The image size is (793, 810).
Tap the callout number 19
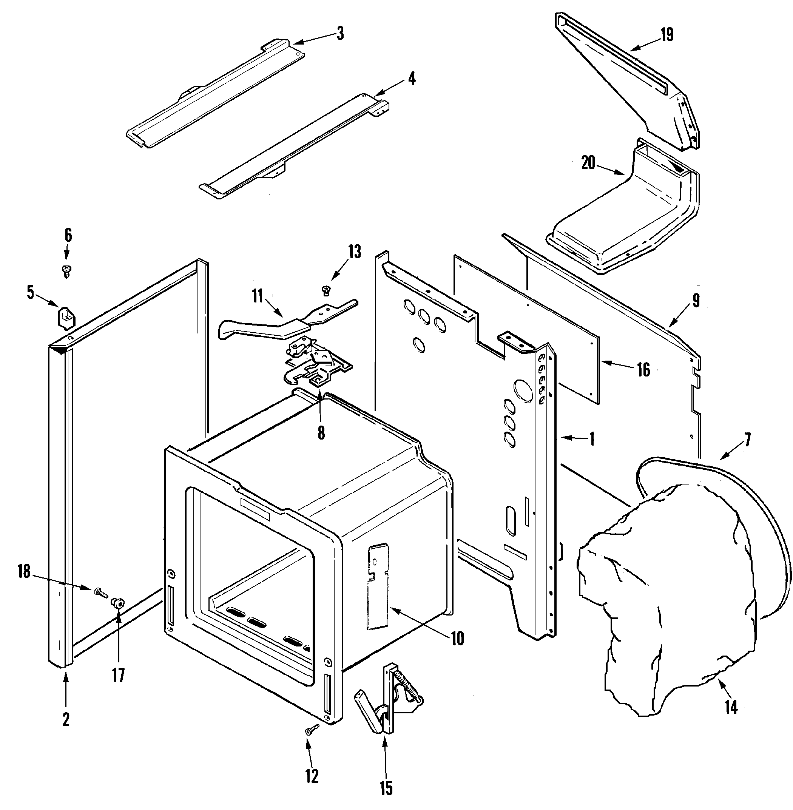point(667,35)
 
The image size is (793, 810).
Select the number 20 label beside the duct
point(588,163)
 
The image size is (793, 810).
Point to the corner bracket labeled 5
point(65,316)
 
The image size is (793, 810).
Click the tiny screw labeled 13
point(327,290)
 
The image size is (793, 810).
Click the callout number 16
point(643,369)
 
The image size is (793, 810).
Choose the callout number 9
point(696,300)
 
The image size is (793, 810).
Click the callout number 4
point(412,79)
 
